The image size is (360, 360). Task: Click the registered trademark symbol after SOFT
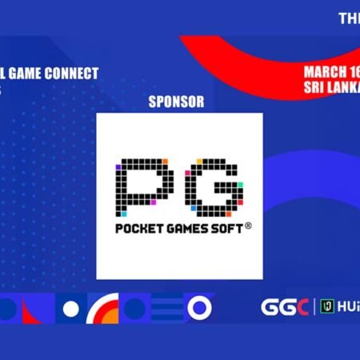point(248,226)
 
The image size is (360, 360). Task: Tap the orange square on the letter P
point(165,162)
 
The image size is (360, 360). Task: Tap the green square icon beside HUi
point(326,307)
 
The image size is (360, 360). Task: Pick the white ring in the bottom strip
point(198,307)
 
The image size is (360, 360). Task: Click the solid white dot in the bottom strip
point(71,308)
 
